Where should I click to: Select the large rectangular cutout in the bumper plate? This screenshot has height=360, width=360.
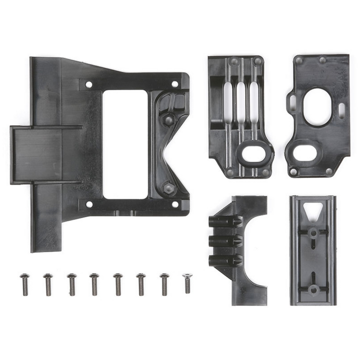click(125, 144)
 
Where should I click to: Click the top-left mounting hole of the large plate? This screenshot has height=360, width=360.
click(89, 84)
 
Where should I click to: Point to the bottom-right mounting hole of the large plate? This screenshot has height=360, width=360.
click(175, 204)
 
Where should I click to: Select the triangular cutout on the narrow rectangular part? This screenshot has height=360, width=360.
click(313, 210)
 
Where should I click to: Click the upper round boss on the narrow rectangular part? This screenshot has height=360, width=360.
click(313, 232)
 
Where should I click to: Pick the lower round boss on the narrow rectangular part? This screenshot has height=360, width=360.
click(313, 290)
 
